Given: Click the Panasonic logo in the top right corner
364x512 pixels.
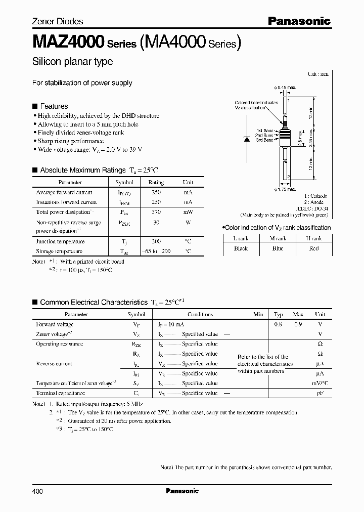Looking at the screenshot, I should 299,21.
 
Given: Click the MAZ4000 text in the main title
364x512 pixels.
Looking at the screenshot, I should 68,41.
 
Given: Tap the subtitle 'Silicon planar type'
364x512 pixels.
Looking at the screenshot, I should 72,62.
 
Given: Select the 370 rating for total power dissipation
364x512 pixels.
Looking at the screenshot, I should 156,212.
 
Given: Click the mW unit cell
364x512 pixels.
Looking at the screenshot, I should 188,212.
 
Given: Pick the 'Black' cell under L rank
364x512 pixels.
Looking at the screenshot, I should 241,248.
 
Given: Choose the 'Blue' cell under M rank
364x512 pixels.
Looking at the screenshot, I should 278,248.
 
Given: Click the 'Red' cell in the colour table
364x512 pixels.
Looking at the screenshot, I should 313,248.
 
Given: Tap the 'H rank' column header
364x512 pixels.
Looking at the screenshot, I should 313,238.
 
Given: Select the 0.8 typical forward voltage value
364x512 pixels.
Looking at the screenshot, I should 279,324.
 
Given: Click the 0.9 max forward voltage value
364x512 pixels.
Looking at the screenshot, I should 298,324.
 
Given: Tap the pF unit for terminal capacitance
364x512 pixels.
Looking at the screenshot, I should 320,393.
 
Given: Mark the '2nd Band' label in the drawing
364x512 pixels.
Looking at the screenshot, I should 264,136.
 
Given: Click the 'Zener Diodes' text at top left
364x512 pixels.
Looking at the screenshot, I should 58,21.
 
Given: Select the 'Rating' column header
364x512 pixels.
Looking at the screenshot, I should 156,182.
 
